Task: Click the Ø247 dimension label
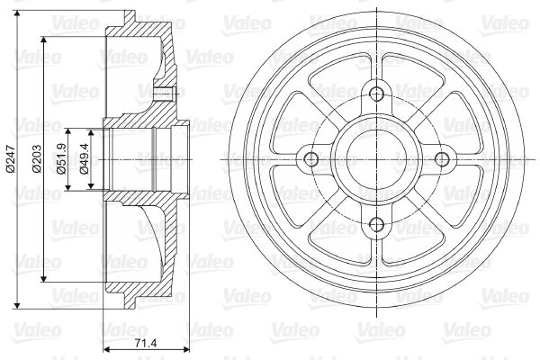[x=10, y=158]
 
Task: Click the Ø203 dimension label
[x=37, y=158]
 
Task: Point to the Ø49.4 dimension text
[x=84, y=159]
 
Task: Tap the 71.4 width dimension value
[x=145, y=343]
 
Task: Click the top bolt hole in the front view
[x=376, y=93]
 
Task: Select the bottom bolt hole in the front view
[x=376, y=225]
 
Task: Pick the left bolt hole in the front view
[x=311, y=159]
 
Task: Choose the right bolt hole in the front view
[x=442, y=159]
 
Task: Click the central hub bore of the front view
[x=376, y=159]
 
